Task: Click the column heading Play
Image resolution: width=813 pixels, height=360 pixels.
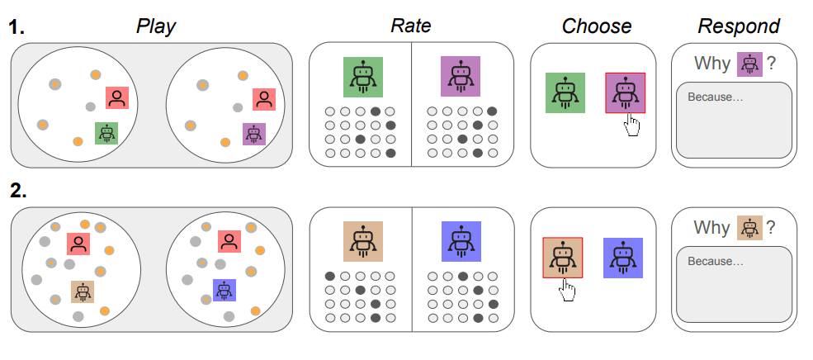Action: [156, 26]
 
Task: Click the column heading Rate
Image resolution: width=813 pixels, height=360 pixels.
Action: [411, 26]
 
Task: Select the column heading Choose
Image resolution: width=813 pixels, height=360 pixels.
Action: [596, 26]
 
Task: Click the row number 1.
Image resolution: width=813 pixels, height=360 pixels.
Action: [17, 27]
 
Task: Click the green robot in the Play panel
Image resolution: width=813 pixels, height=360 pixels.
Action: [106, 134]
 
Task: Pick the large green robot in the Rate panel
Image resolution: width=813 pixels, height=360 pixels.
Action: [363, 77]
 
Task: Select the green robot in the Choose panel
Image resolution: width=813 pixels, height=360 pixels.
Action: [565, 92]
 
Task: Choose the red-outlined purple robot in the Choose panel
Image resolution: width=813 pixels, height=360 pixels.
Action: [626, 92]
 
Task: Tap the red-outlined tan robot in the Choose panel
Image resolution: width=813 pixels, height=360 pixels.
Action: [562, 258]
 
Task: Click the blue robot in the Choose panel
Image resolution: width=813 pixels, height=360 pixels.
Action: [623, 258]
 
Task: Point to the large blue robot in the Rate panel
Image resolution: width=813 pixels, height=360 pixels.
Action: [461, 241]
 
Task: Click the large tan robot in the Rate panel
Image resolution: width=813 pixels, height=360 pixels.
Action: [363, 241]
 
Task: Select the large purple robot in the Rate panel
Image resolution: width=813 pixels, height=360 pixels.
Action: [461, 77]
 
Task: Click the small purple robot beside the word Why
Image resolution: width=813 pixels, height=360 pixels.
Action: [749, 64]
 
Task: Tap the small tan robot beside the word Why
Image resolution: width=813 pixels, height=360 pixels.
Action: [749, 227]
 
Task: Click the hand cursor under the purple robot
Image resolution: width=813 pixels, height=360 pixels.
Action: [632, 125]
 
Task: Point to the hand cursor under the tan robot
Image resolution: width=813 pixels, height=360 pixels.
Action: [567, 290]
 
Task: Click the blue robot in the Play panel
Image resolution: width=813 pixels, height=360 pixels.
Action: [225, 290]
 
